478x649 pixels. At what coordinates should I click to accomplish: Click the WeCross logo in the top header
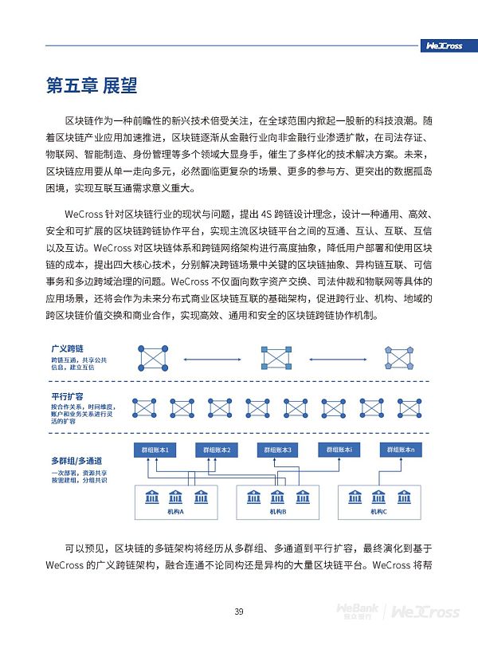coord(444,45)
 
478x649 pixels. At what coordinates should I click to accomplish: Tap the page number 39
coord(238,612)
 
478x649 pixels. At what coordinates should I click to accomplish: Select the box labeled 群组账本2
coord(216,450)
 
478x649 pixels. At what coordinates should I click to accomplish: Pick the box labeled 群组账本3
coord(279,450)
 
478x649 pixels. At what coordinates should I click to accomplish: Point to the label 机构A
coord(176,512)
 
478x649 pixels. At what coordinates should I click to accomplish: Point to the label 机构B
coord(278,512)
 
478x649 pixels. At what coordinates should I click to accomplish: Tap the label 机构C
coord(379,512)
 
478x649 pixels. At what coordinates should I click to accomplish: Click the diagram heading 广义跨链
coord(68,349)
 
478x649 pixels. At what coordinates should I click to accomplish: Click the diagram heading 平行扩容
coord(68,396)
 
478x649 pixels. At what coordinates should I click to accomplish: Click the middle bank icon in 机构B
coord(278,498)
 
